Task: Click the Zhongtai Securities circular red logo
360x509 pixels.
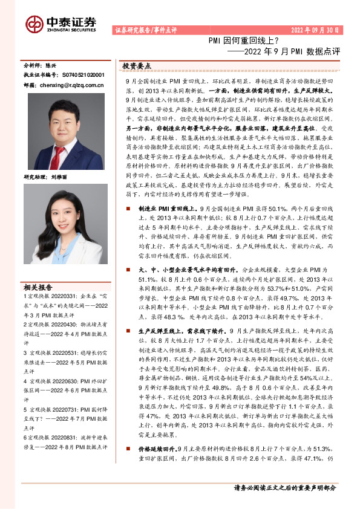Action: coord(34,24)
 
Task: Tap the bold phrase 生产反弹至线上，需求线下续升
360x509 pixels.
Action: coord(175,331)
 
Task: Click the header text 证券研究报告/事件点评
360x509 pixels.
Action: coord(145,30)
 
